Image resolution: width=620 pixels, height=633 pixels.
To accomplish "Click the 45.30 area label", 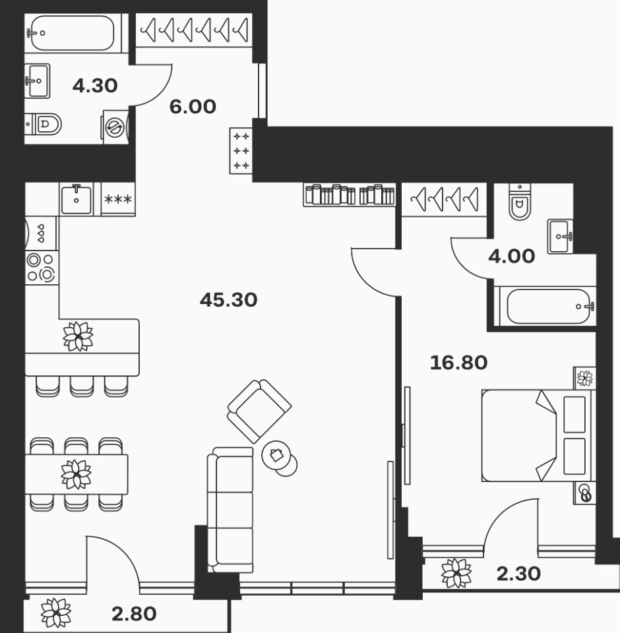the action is tap(229, 300).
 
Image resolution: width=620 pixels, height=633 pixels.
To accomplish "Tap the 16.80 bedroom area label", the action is tap(458, 363).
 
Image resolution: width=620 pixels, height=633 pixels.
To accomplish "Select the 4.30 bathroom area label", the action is tap(95, 86).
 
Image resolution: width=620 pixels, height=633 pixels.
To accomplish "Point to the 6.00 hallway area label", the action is tap(193, 107).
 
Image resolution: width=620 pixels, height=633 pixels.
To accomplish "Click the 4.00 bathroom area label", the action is tap(511, 256).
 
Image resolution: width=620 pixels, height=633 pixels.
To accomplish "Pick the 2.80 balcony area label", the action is tap(134, 614).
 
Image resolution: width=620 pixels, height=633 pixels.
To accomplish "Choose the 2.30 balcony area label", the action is tap(518, 574).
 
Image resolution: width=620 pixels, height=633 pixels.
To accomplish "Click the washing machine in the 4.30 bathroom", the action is tap(116, 127).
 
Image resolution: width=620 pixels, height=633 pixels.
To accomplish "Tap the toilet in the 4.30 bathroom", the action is tap(44, 124).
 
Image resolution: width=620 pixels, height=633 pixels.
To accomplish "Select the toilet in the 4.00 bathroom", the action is tap(520, 202).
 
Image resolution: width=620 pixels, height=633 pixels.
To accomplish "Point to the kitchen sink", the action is tap(77, 198).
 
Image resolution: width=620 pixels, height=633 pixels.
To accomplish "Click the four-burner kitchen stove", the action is tap(41, 268).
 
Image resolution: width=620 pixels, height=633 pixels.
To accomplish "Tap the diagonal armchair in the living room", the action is tap(259, 411).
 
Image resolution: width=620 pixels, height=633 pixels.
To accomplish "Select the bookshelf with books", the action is tap(350, 195).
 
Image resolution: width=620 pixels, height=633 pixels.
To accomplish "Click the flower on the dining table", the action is tap(77, 474).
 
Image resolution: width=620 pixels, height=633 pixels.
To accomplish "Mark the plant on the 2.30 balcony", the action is tap(456, 573).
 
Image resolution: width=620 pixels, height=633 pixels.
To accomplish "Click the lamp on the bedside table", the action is tap(585, 493).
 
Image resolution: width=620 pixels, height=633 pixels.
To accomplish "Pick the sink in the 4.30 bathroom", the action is tap(37, 80).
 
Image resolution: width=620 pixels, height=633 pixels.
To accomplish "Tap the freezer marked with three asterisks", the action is tap(118, 199).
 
